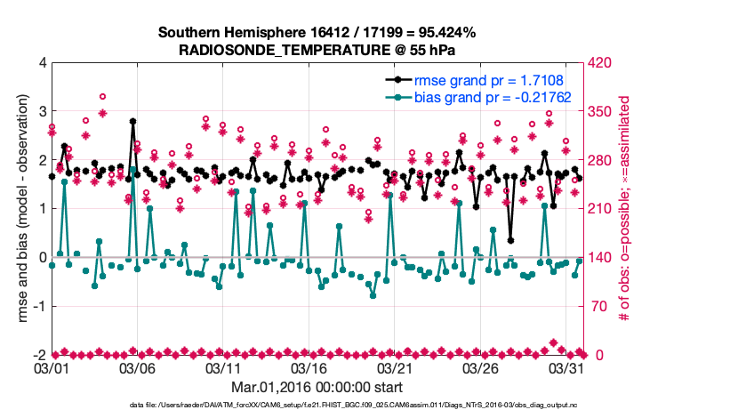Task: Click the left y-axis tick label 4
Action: point(42,63)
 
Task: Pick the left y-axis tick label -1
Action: point(39,306)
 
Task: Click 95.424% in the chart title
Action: point(445,33)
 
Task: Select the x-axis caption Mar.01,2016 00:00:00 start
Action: point(317,387)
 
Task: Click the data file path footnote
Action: point(317,406)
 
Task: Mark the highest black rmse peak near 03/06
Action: point(133,121)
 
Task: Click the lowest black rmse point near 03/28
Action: point(510,239)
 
